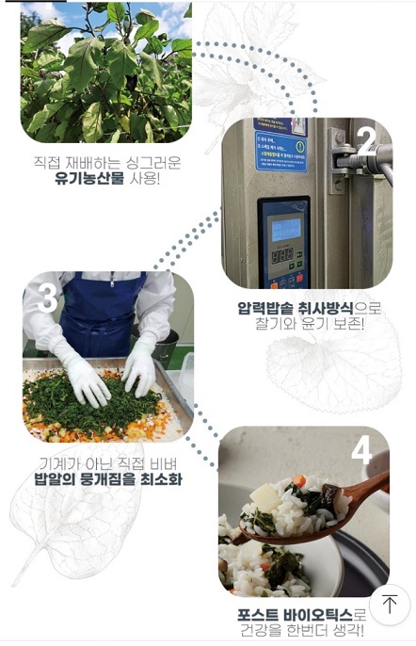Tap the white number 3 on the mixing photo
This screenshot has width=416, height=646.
pyautogui.click(x=47, y=299)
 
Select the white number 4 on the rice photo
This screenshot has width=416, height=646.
pyautogui.click(x=361, y=453)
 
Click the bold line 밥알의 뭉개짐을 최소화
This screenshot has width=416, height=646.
pyautogui.click(x=108, y=479)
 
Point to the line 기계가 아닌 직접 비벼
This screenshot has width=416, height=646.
pyautogui.click(x=107, y=463)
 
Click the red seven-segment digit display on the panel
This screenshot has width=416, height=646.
pyautogui.click(x=282, y=255)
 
